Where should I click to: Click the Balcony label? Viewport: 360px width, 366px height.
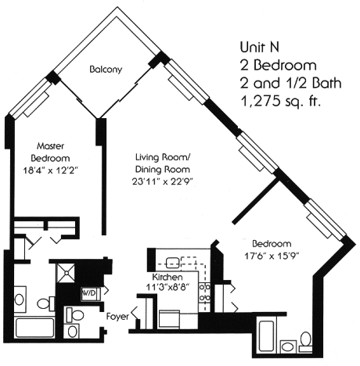(106, 70)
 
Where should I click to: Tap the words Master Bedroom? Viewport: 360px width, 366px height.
(50, 152)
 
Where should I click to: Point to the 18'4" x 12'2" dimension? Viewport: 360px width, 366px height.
(51, 170)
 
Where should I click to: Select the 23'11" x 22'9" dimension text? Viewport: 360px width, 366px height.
(162, 181)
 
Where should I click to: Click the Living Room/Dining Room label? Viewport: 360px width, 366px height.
(163, 163)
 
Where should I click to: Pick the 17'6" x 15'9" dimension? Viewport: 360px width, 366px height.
(272, 256)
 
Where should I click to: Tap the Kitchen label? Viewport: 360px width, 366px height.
(167, 277)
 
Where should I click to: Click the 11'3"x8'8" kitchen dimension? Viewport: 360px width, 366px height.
(167, 288)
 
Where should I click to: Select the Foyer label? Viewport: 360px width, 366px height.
(117, 317)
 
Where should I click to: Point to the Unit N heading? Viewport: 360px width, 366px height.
(260, 47)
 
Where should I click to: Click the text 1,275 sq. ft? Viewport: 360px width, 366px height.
(280, 101)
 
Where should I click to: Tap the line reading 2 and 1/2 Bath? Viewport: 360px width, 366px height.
(290, 83)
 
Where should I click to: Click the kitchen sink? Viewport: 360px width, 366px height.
(172, 263)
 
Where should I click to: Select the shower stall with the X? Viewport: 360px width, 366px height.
(66, 273)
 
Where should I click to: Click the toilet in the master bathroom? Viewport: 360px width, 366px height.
(45, 303)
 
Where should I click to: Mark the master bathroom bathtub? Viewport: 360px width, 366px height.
(35, 328)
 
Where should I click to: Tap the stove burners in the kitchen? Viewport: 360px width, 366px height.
(204, 292)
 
